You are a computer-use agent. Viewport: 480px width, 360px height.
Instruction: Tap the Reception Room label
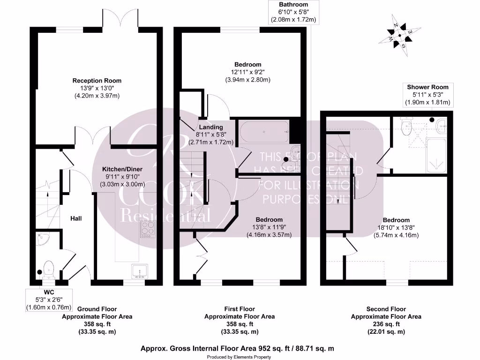(x=97, y=81)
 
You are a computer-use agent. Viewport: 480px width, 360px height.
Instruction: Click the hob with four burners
(x=147, y=231)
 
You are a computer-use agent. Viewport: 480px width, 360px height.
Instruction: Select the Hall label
(x=76, y=218)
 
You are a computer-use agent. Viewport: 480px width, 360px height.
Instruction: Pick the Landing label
(x=210, y=127)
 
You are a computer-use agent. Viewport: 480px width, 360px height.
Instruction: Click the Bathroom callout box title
(x=293, y=4)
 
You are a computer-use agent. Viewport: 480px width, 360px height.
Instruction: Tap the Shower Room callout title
(x=427, y=87)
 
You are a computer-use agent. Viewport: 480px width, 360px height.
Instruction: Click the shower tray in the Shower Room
(x=436, y=156)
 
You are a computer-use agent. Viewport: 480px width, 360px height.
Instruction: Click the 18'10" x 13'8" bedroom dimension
(x=396, y=228)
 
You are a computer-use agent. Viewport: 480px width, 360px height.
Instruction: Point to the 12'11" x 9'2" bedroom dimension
(x=247, y=72)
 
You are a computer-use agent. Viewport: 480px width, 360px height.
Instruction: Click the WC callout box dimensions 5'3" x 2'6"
(x=49, y=300)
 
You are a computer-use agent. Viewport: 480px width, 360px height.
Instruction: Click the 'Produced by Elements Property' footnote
(x=239, y=357)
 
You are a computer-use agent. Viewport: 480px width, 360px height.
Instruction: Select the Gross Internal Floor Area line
(x=237, y=348)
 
